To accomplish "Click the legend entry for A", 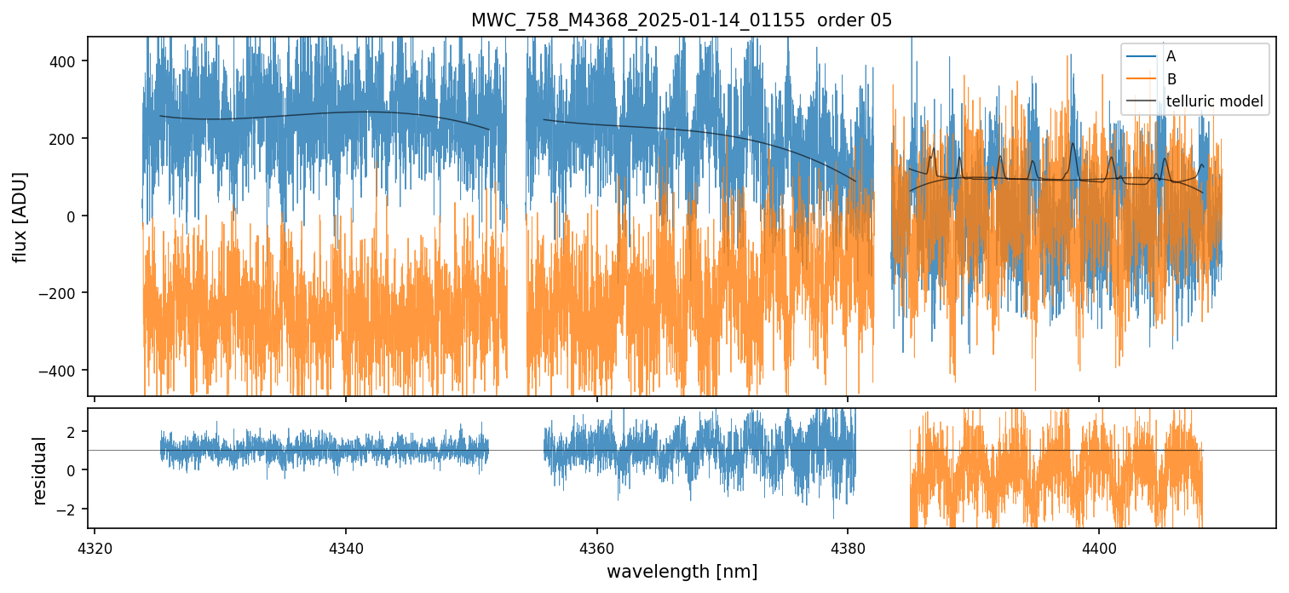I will [1171, 56].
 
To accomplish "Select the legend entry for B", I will [1171, 79].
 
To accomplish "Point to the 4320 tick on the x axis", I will [94, 545].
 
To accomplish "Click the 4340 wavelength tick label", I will [345, 545].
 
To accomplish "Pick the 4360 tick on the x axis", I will [596, 545].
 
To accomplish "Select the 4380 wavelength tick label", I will [848, 545].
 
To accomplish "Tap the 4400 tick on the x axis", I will [1098, 545].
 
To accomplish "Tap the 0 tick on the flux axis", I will [76, 216].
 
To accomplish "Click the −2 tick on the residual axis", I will [71, 509].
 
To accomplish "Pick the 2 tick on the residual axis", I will [76, 432].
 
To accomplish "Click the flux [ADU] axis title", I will [19, 216].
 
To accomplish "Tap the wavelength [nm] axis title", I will [682, 571].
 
